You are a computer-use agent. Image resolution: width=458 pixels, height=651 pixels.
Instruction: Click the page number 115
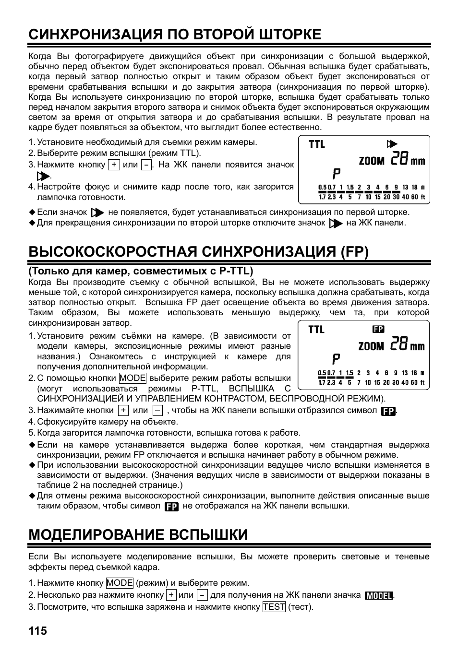coord(37,630)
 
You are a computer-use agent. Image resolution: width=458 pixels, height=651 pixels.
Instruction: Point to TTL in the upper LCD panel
coord(316,144)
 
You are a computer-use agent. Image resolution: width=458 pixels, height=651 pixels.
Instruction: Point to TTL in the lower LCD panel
coord(316,329)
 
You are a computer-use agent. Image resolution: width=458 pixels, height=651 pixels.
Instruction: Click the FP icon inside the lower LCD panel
coord(378,329)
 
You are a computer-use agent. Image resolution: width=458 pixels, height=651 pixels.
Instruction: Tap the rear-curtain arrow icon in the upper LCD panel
coord(392,144)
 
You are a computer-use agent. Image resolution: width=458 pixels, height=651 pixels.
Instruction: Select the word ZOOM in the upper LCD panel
coord(371,161)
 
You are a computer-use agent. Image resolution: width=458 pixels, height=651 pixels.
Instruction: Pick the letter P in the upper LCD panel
coord(337,174)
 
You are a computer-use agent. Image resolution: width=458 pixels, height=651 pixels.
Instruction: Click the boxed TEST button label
coord(274,607)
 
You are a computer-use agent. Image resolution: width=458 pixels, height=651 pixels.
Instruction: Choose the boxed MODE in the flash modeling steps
coord(120,583)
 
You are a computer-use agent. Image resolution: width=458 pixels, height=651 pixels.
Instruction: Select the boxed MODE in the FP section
coord(133,378)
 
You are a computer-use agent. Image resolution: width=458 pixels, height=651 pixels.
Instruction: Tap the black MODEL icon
coord(379,595)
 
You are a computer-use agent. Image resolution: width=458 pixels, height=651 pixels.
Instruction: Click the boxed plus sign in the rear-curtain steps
coord(114,165)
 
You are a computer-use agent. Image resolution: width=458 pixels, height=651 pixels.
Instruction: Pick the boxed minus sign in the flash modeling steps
coord(202,595)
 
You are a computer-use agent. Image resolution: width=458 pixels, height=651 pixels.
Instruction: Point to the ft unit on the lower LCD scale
coord(422,383)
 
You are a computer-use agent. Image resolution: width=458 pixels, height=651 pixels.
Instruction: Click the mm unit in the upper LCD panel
coord(418,161)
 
